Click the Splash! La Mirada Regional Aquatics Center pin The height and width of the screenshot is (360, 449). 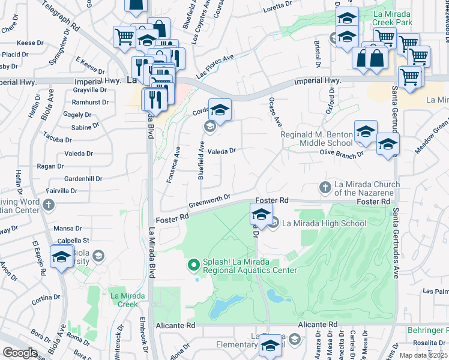click(x=193, y=264)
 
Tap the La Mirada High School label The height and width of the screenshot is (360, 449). click(x=324, y=224)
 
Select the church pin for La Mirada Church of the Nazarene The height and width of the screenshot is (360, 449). click(x=325, y=187)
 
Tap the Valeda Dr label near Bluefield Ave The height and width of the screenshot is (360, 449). click(x=222, y=151)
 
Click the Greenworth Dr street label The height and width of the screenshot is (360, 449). click(x=209, y=199)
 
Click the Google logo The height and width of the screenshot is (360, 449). click(x=20, y=353)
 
